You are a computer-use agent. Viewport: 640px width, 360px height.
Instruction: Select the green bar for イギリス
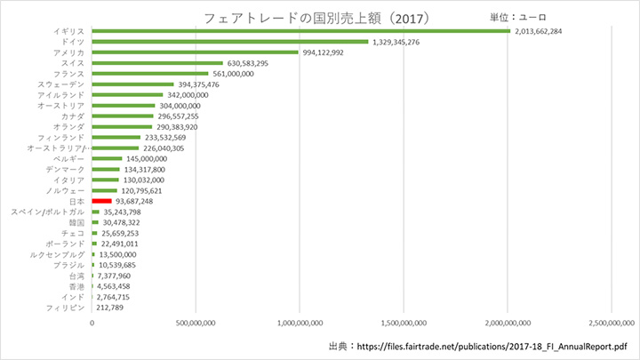tap(300, 31)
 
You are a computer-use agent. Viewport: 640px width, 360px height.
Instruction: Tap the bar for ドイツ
tap(229, 42)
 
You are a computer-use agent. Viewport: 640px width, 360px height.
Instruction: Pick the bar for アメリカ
tap(195, 52)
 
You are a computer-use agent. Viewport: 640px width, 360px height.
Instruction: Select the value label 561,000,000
tap(233, 74)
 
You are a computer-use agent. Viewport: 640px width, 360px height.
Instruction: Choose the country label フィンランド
tap(61, 138)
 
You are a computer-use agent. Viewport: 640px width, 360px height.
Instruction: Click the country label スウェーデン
tap(61, 84)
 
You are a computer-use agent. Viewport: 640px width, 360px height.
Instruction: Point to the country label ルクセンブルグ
tap(56, 254)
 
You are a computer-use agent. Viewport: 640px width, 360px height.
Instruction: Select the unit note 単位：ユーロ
tap(519, 16)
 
